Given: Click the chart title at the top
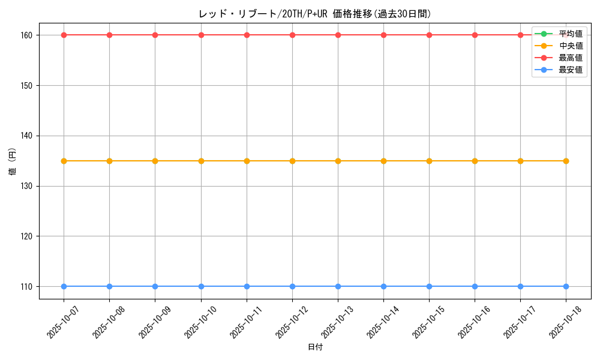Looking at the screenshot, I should (x=315, y=14).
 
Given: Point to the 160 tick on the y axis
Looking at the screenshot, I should (x=28, y=35).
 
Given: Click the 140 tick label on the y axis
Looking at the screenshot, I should (x=28, y=136).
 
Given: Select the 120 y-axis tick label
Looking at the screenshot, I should (x=28, y=236).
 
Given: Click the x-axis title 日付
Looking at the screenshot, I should (x=315, y=347).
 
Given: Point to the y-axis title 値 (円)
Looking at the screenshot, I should (x=12, y=161).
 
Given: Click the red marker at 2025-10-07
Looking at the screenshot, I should (x=64, y=35).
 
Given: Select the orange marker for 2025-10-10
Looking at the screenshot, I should (x=201, y=161).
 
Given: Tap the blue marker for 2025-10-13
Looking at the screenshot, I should (x=338, y=286).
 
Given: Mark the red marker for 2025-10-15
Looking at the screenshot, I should (x=429, y=35).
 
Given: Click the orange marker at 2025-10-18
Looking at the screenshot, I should (x=566, y=161).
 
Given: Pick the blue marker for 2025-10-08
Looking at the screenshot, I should (x=109, y=286).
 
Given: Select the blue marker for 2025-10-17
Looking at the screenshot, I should (x=520, y=286).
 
